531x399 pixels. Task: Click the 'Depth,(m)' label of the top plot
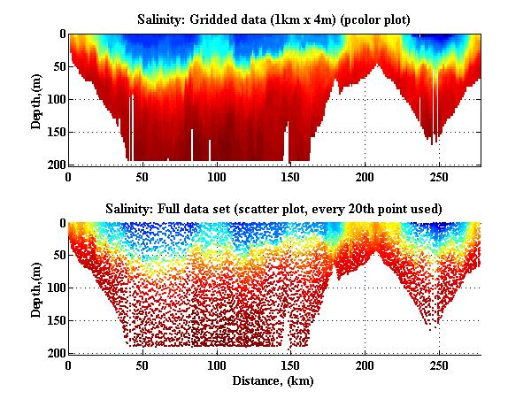tap(36, 99)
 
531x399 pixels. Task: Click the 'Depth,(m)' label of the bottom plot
tap(36, 288)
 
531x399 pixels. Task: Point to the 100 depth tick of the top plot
tap(55, 99)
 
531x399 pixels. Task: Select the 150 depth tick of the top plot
tap(55, 132)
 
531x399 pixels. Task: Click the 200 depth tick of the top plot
tap(55, 165)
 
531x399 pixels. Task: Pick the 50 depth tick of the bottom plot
tap(58, 256)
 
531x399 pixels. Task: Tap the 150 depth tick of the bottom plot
tap(55, 321)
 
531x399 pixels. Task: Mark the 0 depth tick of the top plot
tap(61, 34)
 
